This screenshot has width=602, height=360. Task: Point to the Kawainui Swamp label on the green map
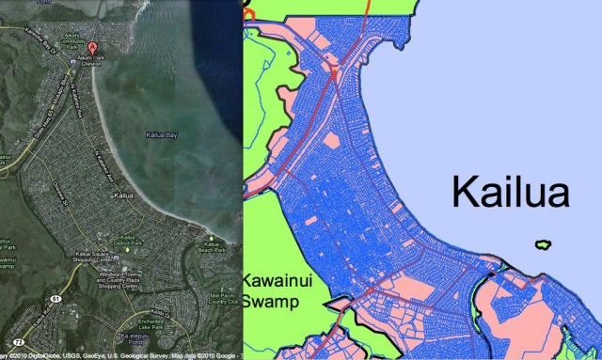point(272,290)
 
